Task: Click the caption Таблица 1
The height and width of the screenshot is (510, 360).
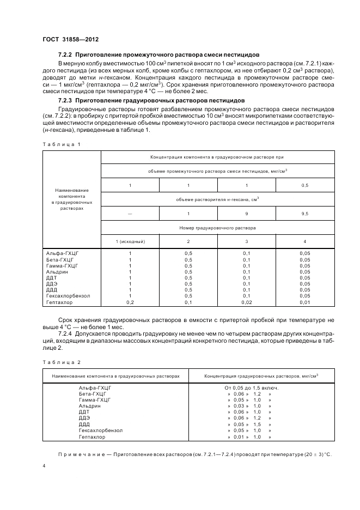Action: click(x=60, y=144)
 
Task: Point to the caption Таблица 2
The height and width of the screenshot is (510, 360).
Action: click(x=60, y=362)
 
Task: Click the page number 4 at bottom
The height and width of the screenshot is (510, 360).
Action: click(x=44, y=466)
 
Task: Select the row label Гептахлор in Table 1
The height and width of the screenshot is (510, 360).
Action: click(x=58, y=302)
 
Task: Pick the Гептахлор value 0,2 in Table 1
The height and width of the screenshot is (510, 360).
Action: click(x=130, y=302)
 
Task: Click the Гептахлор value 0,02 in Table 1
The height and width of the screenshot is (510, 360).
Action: click(x=246, y=302)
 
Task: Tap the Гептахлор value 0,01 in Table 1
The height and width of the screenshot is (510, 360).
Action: click(x=304, y=302)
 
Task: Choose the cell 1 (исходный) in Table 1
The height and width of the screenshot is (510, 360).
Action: click(x=130, y=241)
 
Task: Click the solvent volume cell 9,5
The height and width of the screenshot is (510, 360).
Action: click(x=304, y=214)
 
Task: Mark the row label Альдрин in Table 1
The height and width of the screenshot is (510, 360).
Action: click(x=57, y=272)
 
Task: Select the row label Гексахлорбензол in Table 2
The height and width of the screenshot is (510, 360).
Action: click(x=101, y=430)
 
